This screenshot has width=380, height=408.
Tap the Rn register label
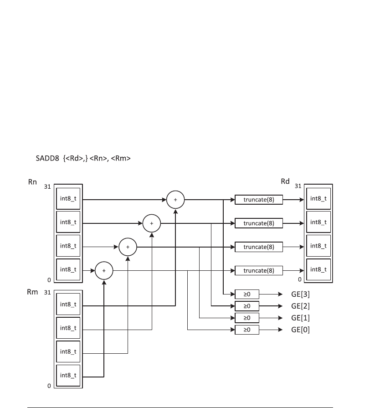tap(32, 182)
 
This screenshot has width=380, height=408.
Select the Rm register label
tap(32, 292)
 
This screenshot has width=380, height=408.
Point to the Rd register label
tap(285, 182)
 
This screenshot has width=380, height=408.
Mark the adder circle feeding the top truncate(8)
tap(175, 199)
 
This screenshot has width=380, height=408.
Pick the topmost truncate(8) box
tap(258, 199)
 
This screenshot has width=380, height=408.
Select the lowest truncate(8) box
tap(258, 270)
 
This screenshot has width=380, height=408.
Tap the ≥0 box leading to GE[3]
tap(246, 294)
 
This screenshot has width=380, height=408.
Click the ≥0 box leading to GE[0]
tap(246, 330)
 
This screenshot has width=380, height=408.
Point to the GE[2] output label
tap(300, 306)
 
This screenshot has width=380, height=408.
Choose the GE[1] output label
tap(300, 318)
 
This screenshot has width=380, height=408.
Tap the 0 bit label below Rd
tap(300, 279)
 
